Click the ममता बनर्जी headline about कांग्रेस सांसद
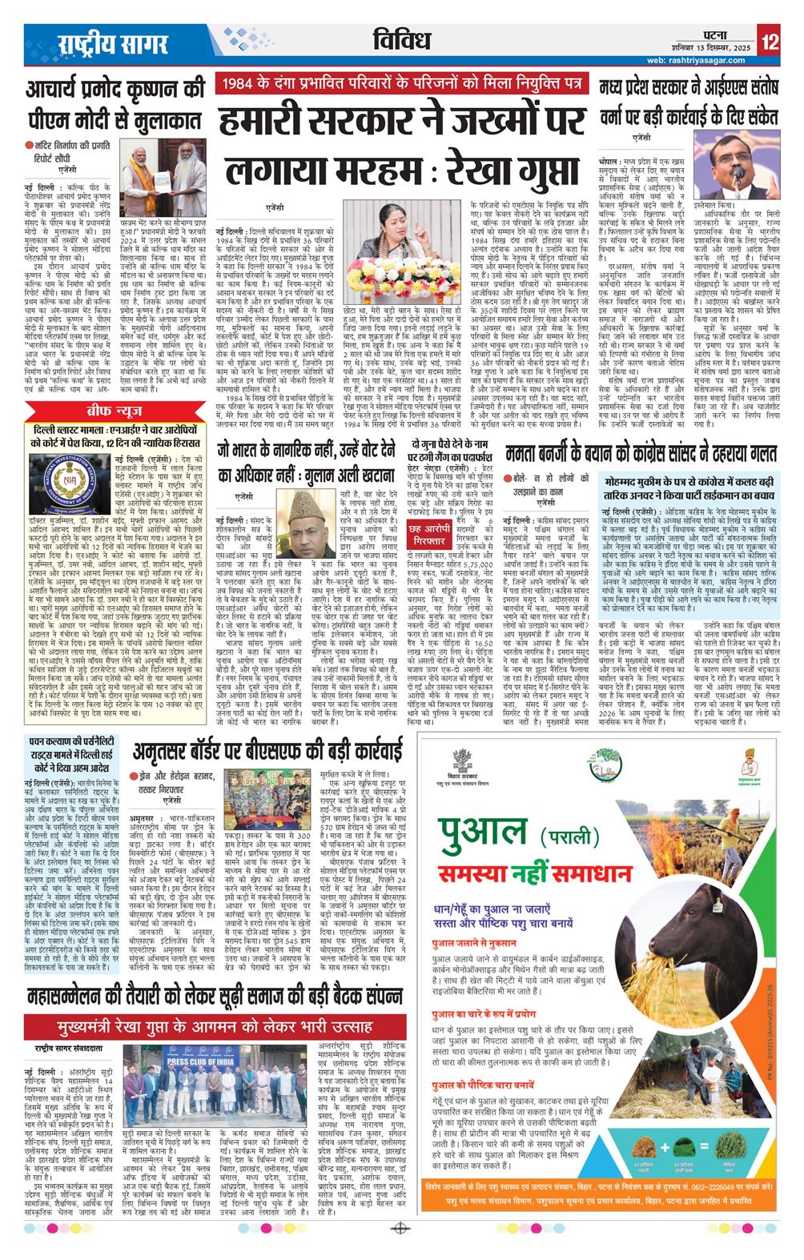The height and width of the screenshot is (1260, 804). [641, 455]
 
